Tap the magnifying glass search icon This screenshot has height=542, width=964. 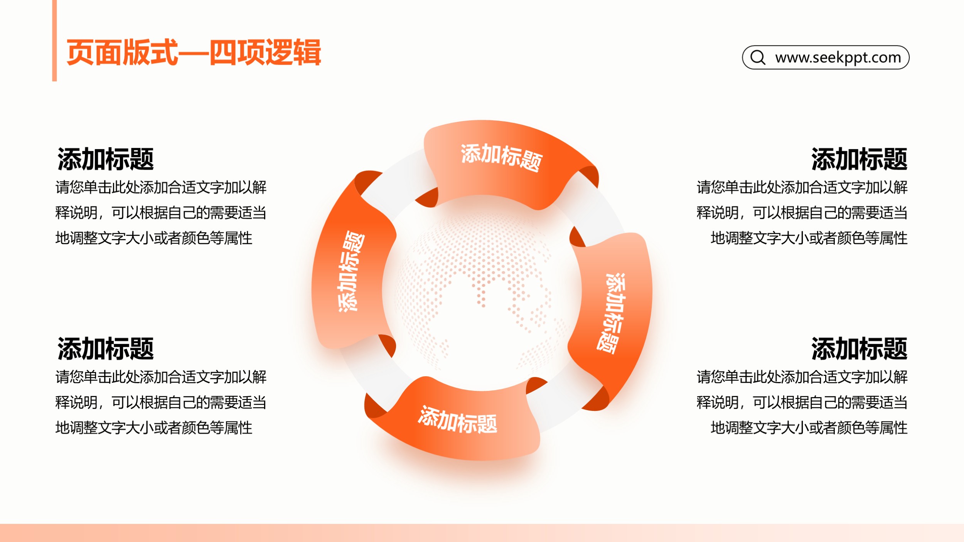click(758, 57)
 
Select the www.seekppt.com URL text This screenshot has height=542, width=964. click(838, 57)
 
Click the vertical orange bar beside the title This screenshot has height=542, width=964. click(54, 40)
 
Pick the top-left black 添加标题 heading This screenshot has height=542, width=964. click(106, 159)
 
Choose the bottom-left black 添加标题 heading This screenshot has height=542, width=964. click(106, 348)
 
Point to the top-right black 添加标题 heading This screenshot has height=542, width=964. click(859, 159)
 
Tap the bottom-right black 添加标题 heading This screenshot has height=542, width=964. click(859, 348)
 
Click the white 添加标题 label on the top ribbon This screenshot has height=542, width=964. click(502, 157)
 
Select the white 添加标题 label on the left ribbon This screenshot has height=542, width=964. click(351, 271)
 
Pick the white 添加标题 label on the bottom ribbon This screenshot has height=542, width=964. click(458, 419)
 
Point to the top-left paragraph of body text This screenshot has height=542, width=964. click(161, 212)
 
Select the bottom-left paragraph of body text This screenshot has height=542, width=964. click(161, 402)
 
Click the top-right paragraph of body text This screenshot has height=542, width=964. click(802, 212)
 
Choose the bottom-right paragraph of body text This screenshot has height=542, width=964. click(802, 402)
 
